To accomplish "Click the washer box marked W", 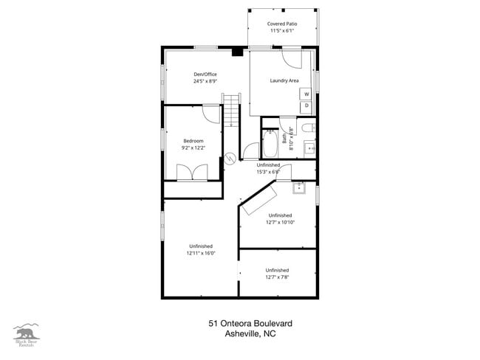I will click(306, 94).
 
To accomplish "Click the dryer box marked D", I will click(306, 107).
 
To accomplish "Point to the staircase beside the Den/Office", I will click(233, 111).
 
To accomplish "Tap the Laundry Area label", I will click(284, 80).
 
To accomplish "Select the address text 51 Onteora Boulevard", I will click(241, 323).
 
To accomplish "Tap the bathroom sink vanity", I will click(311, 148).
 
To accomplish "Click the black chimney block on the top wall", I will click(236, 52).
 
